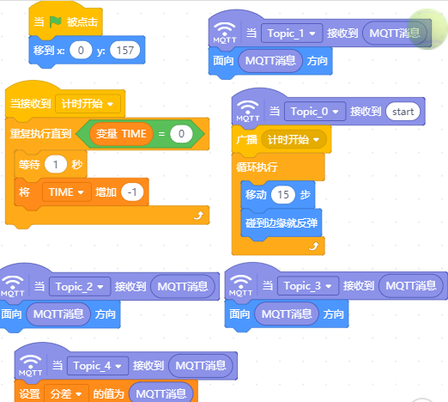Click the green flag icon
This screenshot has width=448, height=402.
pos(56,21)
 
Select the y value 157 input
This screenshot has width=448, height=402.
pos(125,51)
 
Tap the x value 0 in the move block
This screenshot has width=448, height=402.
pos(81,51)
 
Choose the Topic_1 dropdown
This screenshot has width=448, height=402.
pos(292,33)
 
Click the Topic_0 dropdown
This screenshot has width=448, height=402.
pos(315,112)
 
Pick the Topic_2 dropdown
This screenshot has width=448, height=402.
pos(80,286)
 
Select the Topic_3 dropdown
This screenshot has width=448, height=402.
pos(308,286)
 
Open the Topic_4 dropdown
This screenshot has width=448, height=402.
pos(98,366)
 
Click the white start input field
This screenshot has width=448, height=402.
pos(403,112)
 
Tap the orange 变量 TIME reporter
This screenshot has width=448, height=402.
pos(121,134)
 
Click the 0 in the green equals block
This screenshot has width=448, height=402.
pos(181,134)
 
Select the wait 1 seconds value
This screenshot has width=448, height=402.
pos(56,164)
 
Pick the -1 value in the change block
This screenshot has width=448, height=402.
pos(132,192)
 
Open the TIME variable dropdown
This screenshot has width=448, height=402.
pos(66,192)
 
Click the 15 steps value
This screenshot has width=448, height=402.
pos(283,195)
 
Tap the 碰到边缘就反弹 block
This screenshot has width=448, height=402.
pos(282,223)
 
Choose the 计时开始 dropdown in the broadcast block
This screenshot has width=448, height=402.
pos(294,140)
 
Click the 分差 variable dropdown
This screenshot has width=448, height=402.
pos(66,393)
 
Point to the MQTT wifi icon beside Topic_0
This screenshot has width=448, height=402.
pos(248,111)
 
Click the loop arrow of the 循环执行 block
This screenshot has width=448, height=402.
pos(314,247)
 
